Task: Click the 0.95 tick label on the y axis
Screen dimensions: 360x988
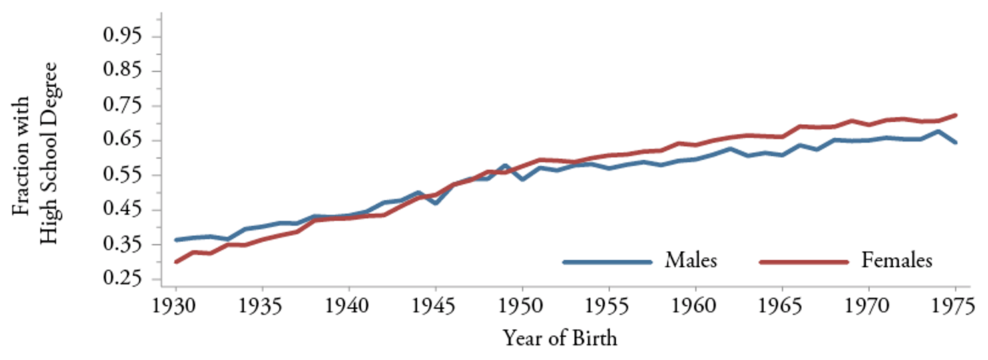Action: [x=123, y=36]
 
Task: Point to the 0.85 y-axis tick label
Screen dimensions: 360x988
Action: [x=123, y=71]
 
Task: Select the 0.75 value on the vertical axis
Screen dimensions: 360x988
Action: [x=123, y=106]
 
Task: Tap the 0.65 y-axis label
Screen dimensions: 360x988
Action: [x=123, y=140]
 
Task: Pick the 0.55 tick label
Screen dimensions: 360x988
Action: [x=123, y=175]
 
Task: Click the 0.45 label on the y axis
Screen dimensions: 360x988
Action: [x=123, y=210]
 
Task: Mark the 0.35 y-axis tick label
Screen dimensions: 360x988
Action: [x=123, y=244]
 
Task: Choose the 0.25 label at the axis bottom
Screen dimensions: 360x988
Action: [x=123, y=279]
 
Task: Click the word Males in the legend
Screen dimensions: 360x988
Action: [x=690, y=260]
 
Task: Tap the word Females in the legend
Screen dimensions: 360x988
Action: [x=896, y=260]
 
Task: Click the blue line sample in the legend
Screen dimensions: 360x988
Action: [x=607, y=262]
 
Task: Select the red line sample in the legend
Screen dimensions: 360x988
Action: [x=803, y=262]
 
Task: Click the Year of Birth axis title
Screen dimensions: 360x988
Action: [x=560, y=339]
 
